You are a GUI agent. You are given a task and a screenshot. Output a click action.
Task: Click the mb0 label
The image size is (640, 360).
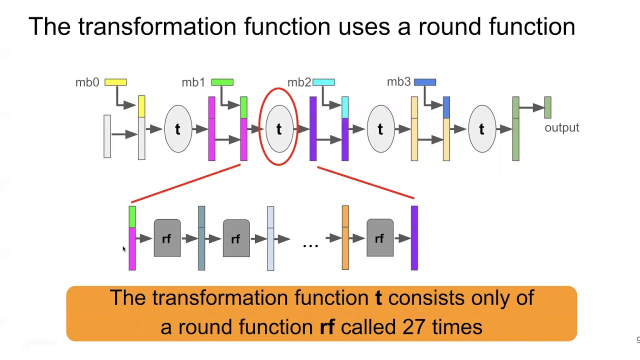[x=87, y=82]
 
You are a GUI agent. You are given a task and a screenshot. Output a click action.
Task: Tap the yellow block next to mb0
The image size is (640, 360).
[x=115, y=82]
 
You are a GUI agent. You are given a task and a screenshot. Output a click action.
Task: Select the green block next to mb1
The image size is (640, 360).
[x=222, y=82]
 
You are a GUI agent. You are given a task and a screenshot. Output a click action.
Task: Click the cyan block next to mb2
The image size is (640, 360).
[x=323, y=82]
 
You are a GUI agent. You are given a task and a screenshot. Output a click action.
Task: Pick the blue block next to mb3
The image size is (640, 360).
[x=425, y=82]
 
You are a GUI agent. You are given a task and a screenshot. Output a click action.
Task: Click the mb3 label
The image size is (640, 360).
[x=398, y=82]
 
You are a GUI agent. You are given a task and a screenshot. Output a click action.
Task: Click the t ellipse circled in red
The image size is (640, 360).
[x=279, y=129]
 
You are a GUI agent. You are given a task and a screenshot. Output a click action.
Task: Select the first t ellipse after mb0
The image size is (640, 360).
[x=178, y=129]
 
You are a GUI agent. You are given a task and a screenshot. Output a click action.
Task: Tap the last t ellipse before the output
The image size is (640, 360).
[x=481, y=129]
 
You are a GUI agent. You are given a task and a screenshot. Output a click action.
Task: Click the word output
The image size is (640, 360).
[x=561, y=128]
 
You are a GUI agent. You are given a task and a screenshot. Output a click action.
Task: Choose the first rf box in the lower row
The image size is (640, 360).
[x=167, y=238]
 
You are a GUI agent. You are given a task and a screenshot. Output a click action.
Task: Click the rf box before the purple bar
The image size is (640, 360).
[x=379, y=238]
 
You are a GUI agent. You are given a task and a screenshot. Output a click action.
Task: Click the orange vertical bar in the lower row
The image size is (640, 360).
[x=345, y=238]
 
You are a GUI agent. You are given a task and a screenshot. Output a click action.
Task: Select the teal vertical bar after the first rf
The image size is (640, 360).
[x=201, y=238]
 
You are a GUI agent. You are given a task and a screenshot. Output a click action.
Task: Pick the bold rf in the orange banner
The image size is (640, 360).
[x=326, y=327]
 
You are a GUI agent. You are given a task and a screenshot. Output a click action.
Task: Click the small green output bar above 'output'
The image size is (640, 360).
[x=547, y=107]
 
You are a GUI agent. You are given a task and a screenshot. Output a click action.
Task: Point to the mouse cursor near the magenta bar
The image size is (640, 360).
[x=123, y=248]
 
